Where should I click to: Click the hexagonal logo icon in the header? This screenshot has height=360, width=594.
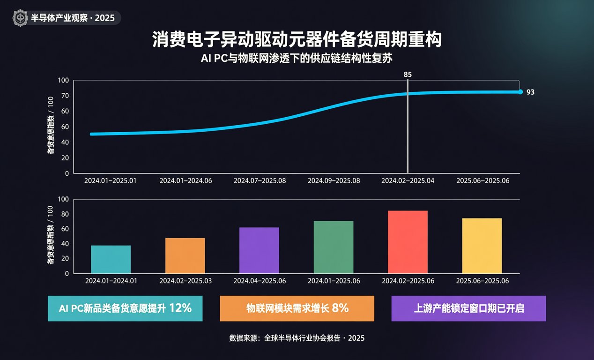coord(20,18)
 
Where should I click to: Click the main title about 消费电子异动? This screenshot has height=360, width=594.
coord(297,39)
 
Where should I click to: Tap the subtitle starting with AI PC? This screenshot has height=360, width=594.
coord(297,58)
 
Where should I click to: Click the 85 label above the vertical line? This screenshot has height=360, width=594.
coord(408,75)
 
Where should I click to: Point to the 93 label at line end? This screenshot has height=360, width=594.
coord(530,92)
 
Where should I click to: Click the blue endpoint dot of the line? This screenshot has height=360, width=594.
coord(520,92)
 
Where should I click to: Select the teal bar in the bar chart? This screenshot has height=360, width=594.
coord(111,259)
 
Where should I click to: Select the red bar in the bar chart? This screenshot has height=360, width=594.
coord(408,242)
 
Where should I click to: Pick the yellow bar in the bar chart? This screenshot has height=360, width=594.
coord(482,246)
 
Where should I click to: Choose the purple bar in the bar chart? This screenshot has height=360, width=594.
coord(259,250)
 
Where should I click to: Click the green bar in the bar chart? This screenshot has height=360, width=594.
coord(334,247)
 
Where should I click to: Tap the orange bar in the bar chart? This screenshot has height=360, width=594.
coord(185,255)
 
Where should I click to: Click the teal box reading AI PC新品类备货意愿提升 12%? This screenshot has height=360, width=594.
coord(125,308)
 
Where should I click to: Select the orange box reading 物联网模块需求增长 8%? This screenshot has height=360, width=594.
coord(297,308)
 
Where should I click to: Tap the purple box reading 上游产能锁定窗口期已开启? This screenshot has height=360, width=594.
coord(468,308)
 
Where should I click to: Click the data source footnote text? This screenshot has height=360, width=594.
coord(297,338)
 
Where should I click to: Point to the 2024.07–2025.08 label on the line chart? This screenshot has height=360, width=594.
coord(260,180)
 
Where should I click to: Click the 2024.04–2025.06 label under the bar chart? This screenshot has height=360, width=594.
coord(260,281)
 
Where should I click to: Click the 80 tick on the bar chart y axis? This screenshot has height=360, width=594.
coord(65,214)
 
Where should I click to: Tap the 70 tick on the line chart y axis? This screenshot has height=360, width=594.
coord(65,96)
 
